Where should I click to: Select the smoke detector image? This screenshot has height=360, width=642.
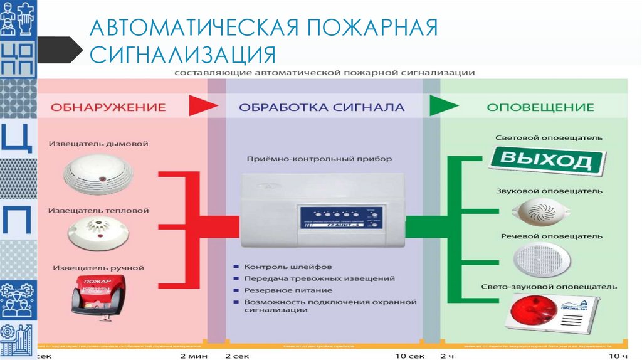click(98, 174)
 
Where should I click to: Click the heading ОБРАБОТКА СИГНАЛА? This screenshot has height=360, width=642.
click(322, 107)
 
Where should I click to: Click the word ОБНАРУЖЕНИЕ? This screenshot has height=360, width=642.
click(108, 107)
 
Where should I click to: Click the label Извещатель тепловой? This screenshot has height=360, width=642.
click(98, 206)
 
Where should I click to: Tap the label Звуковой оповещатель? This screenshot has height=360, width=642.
click(549, 191)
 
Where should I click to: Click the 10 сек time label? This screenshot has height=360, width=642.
click(411, 356)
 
